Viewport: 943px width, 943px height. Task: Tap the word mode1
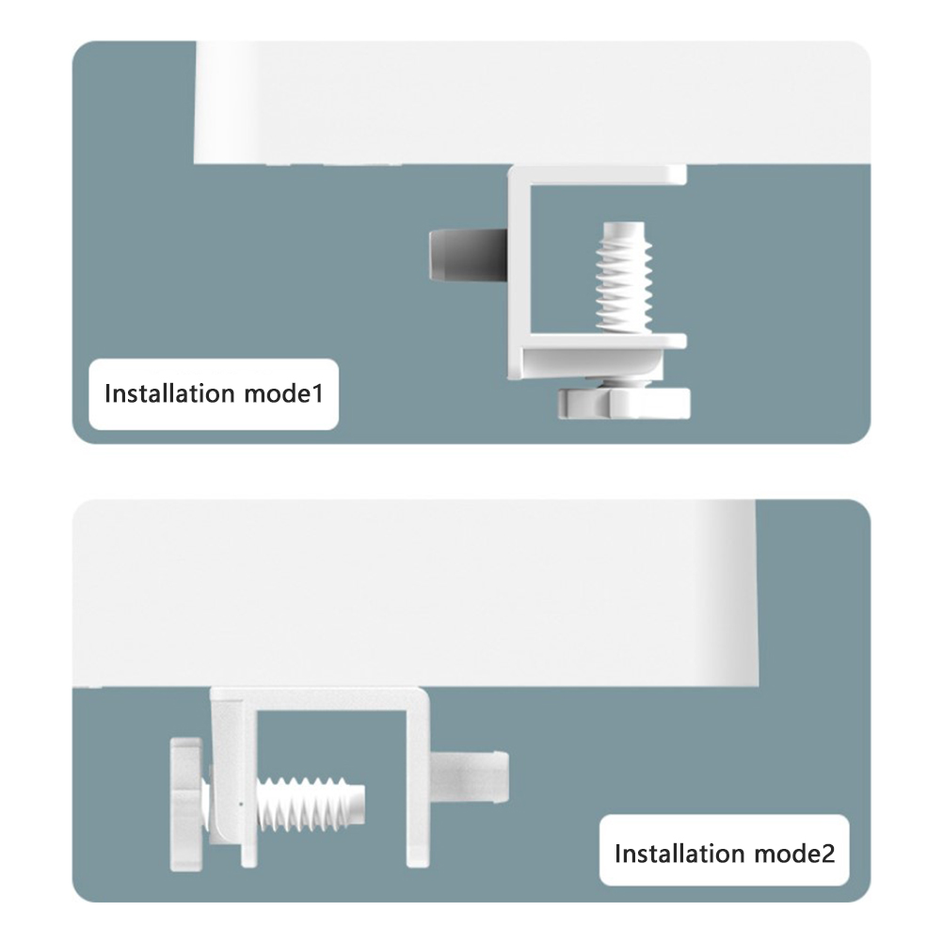(284, 394)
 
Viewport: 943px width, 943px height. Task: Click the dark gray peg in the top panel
(468, 255)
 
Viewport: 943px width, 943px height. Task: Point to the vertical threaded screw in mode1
(624, 278)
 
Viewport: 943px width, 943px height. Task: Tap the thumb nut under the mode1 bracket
(624, 403)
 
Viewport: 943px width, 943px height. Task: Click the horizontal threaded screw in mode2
(311, 804)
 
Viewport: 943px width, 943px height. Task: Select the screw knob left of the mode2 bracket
(186, 804)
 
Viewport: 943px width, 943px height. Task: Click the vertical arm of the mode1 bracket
(519, 271)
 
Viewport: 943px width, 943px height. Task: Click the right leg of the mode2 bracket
(418, 782)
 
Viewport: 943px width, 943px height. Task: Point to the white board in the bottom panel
(415, 592)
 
